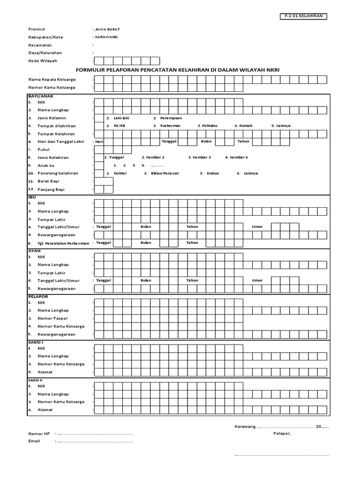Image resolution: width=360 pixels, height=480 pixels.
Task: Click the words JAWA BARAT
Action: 107,29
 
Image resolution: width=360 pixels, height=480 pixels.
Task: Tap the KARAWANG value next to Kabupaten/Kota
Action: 106,37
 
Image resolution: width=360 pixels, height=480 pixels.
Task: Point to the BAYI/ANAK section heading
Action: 41,96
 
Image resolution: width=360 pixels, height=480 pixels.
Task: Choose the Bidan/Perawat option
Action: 161,173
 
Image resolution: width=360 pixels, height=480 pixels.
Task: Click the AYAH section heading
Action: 34,250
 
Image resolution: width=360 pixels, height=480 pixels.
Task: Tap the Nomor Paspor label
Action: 52,318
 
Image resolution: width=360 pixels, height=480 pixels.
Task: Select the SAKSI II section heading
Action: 35,380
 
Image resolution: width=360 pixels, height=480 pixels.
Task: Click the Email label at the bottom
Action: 34,441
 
